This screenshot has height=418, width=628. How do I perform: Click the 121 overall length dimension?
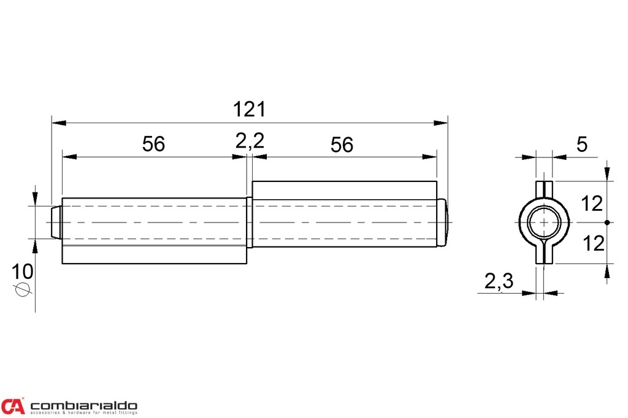coord(249,109)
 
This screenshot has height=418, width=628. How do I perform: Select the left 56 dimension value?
coord(153,144)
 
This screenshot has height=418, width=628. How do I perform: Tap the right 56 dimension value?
coord(342,145)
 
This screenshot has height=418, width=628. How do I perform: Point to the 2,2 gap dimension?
coord(250,141)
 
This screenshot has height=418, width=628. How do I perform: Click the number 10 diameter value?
coord(22,272)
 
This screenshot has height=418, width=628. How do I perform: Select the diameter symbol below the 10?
coord(23,289)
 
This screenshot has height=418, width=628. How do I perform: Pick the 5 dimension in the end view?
coord(581,144)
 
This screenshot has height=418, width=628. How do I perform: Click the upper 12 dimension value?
coord(592,204)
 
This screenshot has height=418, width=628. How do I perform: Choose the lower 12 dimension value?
coord(593,243)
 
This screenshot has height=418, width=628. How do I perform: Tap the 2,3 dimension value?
coord(499,281)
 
